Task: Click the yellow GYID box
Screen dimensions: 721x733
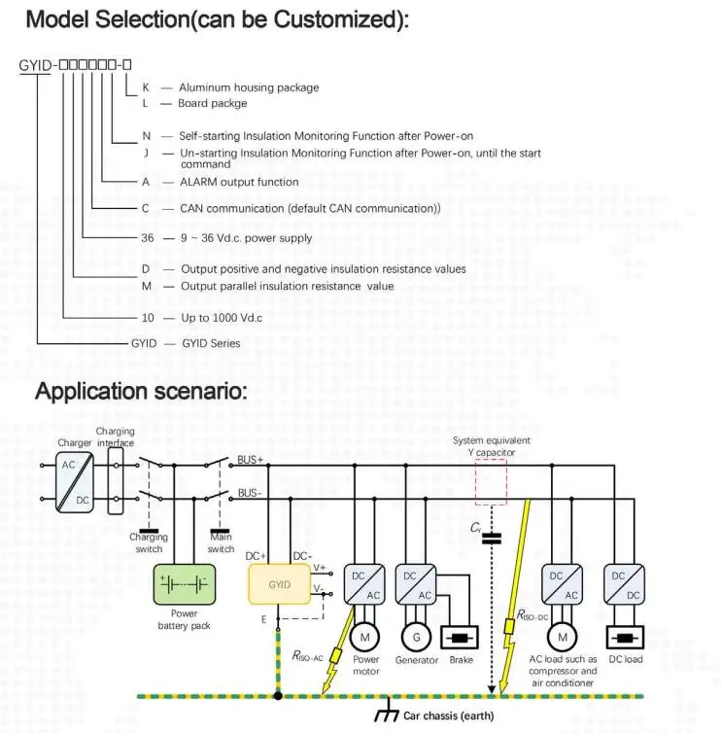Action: [x=280, y=584]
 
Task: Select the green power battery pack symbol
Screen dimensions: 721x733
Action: [x=185, y=584]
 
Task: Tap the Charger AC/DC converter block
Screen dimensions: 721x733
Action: [x=75, y=482]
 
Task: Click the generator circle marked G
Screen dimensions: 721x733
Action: [x=416, y=637]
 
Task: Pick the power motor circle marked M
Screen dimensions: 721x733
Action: [x=365, y=637]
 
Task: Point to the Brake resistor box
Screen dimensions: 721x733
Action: [x=460, y=638]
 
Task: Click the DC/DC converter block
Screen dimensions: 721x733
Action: [x=624, y=584]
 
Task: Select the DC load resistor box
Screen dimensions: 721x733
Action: [x=625, y=638]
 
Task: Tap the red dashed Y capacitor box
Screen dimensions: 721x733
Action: [x=491, y=482]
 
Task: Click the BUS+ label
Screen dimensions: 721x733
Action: [x=251, y=460]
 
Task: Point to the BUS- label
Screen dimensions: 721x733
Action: [x=250, y=493]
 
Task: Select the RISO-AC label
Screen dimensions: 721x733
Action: [x=307, y=656]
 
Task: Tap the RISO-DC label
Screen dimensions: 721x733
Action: [x=532, y=615]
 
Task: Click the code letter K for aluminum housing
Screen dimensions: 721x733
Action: [x=146, y=87]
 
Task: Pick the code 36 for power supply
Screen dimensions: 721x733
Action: [x=148, y=238]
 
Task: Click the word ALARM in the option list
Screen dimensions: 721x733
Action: [x=198, y=182]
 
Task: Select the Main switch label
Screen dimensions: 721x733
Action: [x=221, y=542]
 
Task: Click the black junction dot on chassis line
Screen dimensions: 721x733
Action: [x=278, y=696]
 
